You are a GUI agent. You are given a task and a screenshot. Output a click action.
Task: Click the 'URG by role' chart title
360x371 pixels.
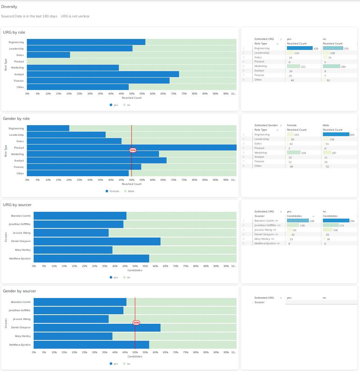tap(14, 33)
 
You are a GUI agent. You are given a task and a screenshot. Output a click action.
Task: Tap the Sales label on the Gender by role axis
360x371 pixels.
tap(20, 141)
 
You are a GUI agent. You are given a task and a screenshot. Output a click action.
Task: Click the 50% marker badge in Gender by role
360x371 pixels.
tap(133, 150)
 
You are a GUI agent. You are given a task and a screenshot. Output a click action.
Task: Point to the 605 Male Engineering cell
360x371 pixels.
tap(352, 135)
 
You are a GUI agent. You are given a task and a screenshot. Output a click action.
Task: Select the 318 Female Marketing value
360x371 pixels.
tap(303, 153)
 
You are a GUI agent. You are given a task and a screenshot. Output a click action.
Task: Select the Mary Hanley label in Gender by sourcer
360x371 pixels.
tap(23, 336)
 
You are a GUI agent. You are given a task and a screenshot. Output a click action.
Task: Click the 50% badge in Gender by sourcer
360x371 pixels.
tap(136, 323)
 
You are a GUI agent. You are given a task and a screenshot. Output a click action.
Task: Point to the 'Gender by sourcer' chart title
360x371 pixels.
tap(19, 291)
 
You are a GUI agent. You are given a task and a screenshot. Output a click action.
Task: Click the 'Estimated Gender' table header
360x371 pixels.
tap(266, 125)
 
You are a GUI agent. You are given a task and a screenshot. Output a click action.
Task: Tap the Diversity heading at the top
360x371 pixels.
tap(9, 7)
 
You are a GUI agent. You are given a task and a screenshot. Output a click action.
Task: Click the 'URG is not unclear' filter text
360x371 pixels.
tap(75, 16)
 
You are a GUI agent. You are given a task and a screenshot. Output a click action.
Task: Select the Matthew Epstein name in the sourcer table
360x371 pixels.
tap(265, 244)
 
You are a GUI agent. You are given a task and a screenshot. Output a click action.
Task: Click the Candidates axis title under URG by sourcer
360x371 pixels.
tap(135, 270)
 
